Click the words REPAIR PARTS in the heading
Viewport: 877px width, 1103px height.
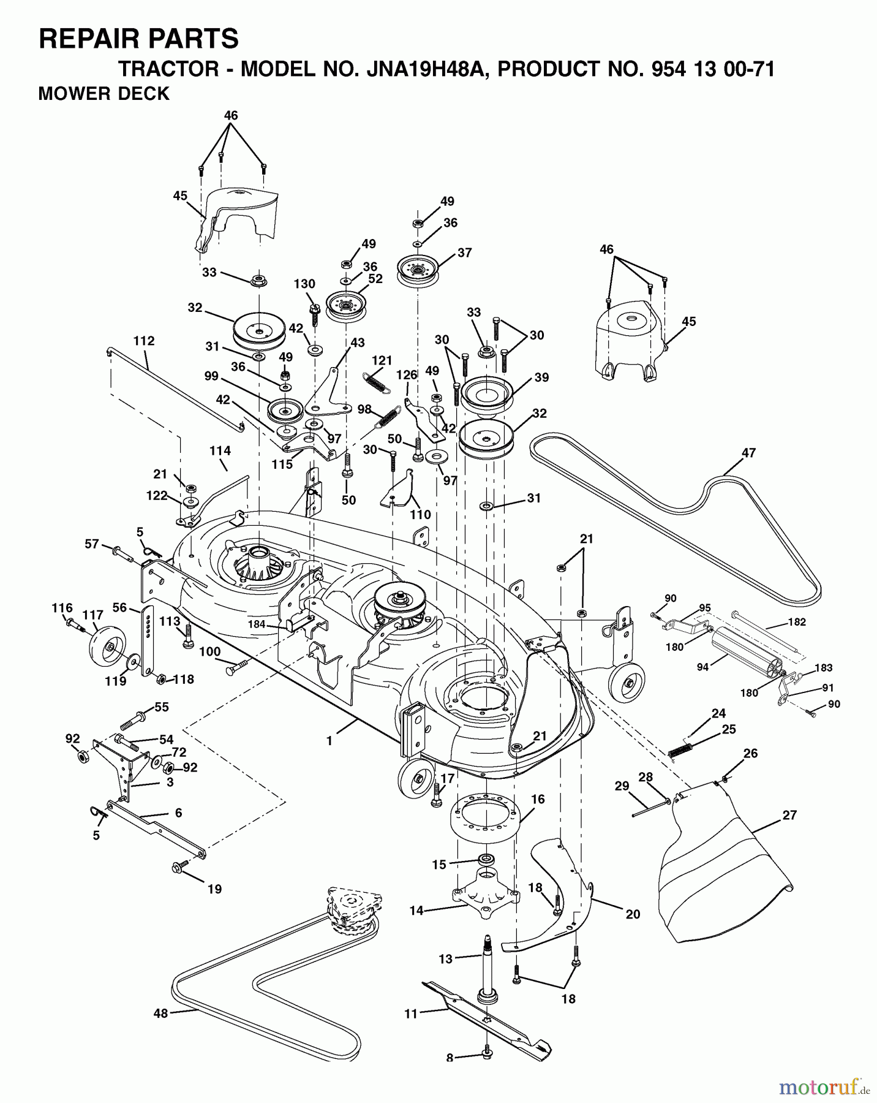coord(138,39)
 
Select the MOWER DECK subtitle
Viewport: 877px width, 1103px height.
coord(104,94)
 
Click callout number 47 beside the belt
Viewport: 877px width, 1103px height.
coord(748,453)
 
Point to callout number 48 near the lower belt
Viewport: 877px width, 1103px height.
coord(160,1014)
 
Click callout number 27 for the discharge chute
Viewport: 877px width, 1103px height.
coord(789,814)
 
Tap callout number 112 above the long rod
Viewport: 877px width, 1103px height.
coord(144,341)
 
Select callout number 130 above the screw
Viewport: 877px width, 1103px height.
coord(304,284)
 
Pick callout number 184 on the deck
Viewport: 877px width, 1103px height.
coord(257,624)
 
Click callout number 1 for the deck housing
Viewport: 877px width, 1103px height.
coord(329,741)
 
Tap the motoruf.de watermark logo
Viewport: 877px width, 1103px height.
coord(819,1088)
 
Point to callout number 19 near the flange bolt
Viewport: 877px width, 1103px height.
coord(214,889)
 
